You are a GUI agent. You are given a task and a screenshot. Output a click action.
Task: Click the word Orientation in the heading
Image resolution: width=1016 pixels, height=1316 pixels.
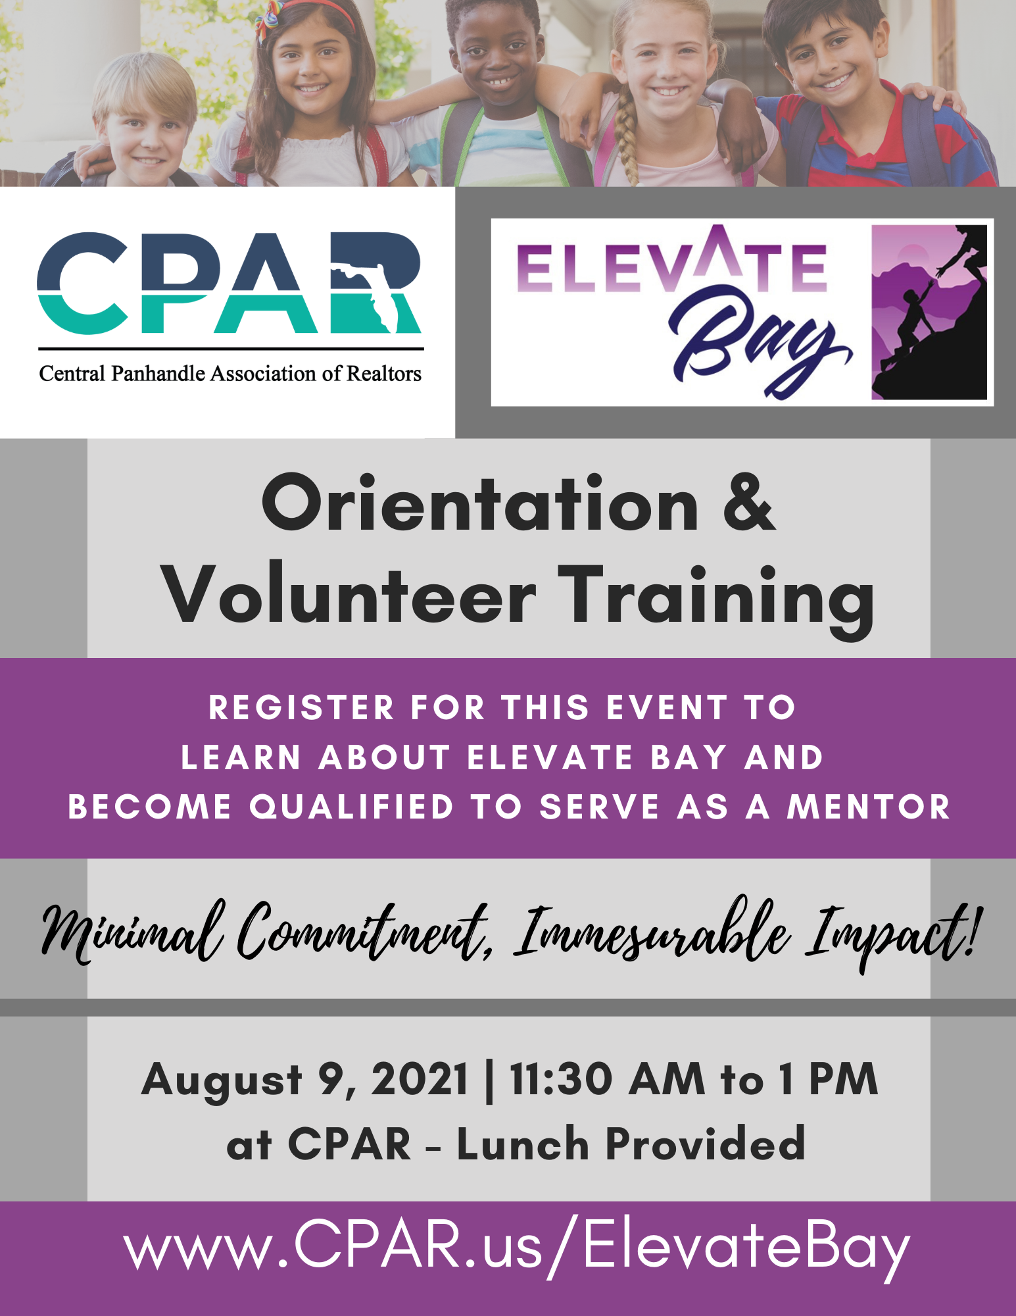[x=480, y=503]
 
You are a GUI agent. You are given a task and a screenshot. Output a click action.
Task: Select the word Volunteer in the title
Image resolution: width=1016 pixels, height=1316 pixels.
[x=349, y=594]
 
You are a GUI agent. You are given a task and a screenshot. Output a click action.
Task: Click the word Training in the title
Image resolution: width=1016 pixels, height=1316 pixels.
[x=717, y=600]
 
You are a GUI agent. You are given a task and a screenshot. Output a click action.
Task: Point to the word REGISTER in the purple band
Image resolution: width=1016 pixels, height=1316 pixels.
[x=301, y=708]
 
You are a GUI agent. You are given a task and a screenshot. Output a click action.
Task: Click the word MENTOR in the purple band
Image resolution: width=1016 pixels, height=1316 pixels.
[x=869, y=807]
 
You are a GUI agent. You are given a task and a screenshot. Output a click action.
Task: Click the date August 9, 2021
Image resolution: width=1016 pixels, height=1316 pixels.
[x=304, y=1080]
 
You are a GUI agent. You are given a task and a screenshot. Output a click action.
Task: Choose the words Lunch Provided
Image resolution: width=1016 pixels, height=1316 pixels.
[x=631, y=1144]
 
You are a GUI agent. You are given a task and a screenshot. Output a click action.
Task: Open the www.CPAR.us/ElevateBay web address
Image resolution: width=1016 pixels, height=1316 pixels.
[x=516, y=1246]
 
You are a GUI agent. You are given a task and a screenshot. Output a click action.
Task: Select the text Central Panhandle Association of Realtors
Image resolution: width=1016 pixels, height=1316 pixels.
[x=230, y=374]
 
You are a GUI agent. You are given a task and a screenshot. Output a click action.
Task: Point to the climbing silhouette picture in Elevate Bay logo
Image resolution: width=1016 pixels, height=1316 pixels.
[x=929, y=312]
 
